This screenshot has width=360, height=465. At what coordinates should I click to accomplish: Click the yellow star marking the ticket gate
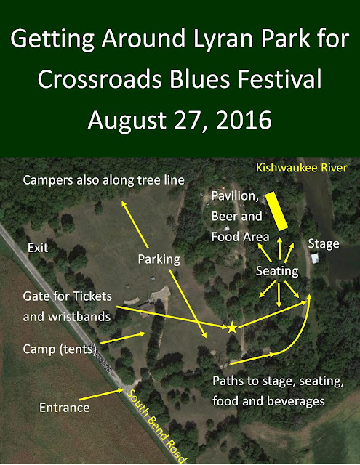pyautogui.click(x=232, y=328)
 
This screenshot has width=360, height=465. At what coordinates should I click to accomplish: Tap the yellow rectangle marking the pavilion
pyautogui.click(x=276, y=211)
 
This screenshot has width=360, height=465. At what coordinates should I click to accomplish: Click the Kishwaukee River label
pyautogui.click(x=302, y=168)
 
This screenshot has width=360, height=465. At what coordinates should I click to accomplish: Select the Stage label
pyautogui.click(x=324, y=244)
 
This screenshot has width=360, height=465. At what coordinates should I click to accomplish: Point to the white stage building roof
pyautogui.click(x=315, y=258)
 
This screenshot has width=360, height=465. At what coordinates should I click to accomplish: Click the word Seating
pyautogui.click(x=277, y=271)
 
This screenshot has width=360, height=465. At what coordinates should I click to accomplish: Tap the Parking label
pyautogui.click(x=159, y=259)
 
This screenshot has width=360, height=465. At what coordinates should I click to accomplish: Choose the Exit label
pyautogui.click(x=38, y=248)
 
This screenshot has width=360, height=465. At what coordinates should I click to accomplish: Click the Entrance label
pyautogui.click(x=65, y=408)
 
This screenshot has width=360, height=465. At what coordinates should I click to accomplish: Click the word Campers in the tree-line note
pyautogui.click(x=48, y=180)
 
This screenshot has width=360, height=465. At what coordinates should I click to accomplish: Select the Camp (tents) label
pyautogui.click(x=60, y=349)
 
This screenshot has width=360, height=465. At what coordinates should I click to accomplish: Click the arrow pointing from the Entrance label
pyautogui.click(x=101, y=395)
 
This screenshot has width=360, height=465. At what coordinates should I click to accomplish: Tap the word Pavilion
pyautogui.click(x=234, y=196)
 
